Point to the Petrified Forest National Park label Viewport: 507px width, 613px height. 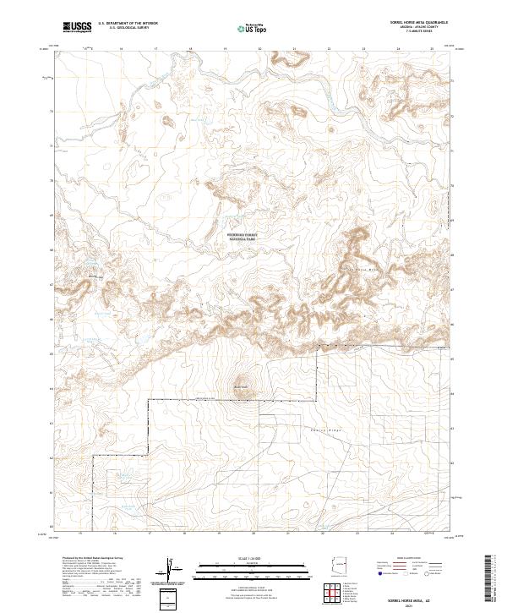tap(242, 238)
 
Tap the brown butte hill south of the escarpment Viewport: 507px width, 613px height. tap(241, 382)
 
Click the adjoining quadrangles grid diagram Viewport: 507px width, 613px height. tap(336, 594)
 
